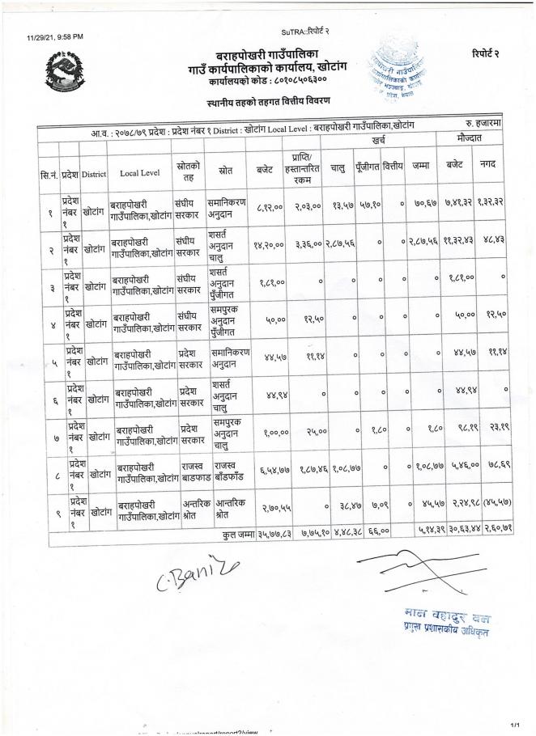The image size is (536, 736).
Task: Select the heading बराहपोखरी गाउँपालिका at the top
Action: [x=269, y=53]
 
